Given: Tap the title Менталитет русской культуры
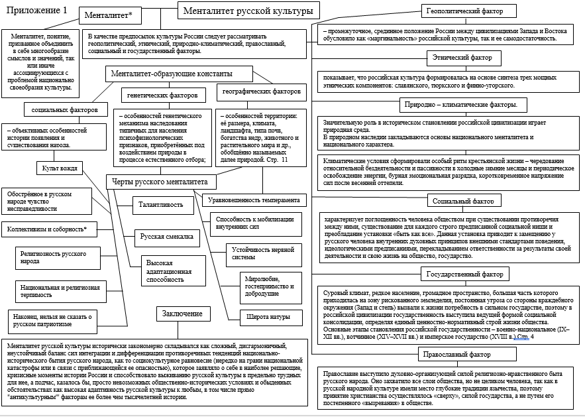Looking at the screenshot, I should click(248, 10).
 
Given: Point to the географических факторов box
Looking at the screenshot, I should click(261, 91).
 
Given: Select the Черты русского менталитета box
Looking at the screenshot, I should click(158, 181).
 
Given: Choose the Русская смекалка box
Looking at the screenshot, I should click(166, 236).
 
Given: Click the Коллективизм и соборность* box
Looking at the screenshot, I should click(51, 229).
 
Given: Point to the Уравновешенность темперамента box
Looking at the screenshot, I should click(254, 199).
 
